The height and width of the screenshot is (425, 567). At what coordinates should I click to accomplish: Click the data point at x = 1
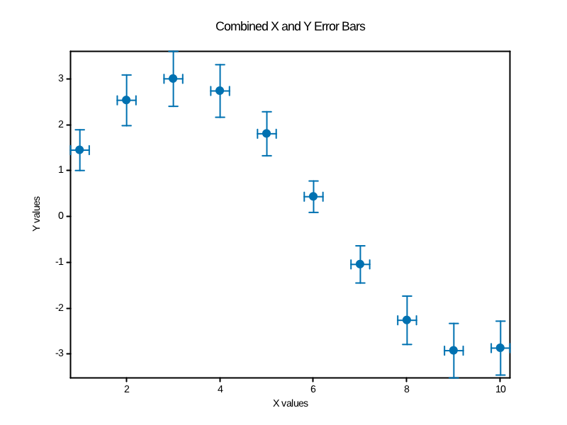click(79, 149)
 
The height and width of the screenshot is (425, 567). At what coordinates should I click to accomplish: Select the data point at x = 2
click(126, 100)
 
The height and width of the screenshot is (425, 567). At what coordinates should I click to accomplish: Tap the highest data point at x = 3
click(173, 78)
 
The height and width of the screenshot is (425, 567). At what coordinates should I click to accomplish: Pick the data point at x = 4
click(220, 91)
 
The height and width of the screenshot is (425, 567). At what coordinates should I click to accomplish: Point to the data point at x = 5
click(266, 133)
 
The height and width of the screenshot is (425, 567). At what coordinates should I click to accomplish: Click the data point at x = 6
click(313, 196)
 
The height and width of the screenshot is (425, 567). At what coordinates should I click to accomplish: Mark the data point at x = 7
click(360, 264)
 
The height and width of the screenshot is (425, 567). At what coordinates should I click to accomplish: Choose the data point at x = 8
click(407, 320)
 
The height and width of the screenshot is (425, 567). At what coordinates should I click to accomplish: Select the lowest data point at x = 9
click(454, 350)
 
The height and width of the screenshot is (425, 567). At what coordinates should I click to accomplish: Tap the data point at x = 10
click(500, 348)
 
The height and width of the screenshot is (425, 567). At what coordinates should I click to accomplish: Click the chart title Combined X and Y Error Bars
click(290, 27)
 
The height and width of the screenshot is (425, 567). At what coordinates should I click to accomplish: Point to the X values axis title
click(291, 403)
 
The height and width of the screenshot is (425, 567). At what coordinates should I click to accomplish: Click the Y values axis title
click(36, 215)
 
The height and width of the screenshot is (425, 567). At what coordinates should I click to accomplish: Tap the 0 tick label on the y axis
click(60, 216)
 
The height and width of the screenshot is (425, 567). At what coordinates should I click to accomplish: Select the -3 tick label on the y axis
click(59, 353)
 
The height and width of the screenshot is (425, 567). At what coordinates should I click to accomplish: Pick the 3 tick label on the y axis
click(60, 79)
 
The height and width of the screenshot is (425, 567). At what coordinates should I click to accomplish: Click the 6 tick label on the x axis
click(313, 389)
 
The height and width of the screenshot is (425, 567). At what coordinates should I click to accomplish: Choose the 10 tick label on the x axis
click(500, 389)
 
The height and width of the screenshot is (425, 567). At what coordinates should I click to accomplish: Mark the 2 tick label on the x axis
click(126, 389)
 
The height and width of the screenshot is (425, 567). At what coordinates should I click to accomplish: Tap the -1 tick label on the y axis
click(59, 262)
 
